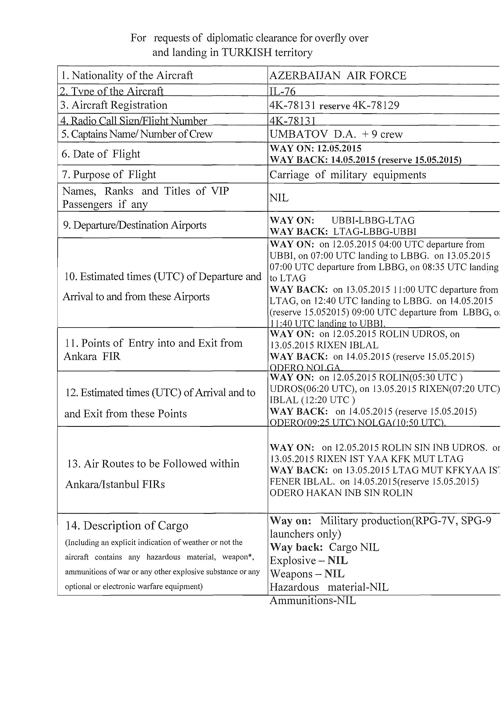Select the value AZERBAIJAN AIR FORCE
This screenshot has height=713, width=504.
pyautogui.click(x=337, y=75)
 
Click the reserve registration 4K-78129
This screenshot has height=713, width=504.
pyautogui.click(x=376, y=105)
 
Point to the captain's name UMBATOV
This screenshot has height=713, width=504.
pyautogui.click(x=298, y=134)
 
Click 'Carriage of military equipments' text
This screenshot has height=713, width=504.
pyautogui.click(x=347, y=175)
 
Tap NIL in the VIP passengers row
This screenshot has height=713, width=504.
pyautogui.click(x=279, y=198)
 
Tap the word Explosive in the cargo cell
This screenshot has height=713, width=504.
pyautogui.click(x=293, y=561)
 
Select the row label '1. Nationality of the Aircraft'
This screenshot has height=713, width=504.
pyautogui.click(x=127, y=75)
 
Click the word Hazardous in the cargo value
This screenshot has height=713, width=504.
pyautogui.click(x=294, y=587)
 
